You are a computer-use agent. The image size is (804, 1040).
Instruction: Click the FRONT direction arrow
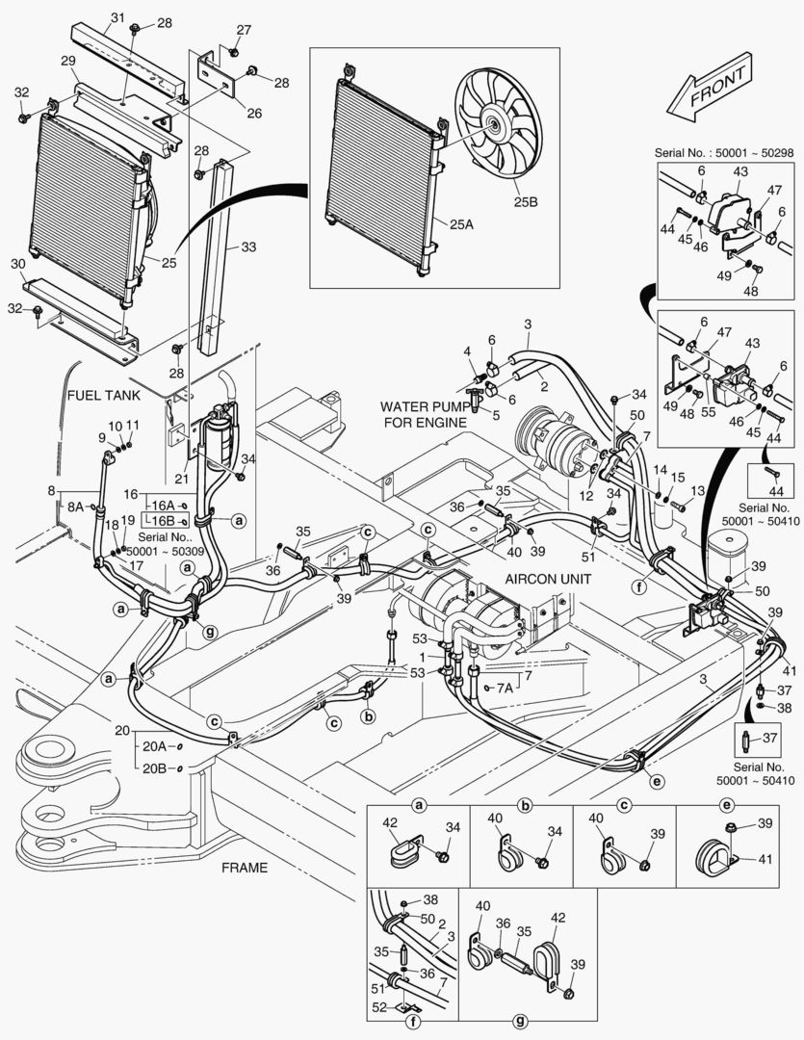[712, 90]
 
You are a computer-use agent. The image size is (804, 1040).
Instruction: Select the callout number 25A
[460, 222]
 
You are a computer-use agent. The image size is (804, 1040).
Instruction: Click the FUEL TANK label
[104, 395]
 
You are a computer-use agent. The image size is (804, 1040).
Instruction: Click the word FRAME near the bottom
[245, 868]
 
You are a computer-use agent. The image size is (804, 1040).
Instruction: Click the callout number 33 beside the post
[248, 247]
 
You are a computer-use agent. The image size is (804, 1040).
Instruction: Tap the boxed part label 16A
[164, 506]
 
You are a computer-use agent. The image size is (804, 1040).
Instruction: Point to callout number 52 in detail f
[379, 1008]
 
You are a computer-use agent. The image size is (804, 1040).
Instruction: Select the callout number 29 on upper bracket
[67, 61]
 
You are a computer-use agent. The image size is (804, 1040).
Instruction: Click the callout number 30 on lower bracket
[17, 264]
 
